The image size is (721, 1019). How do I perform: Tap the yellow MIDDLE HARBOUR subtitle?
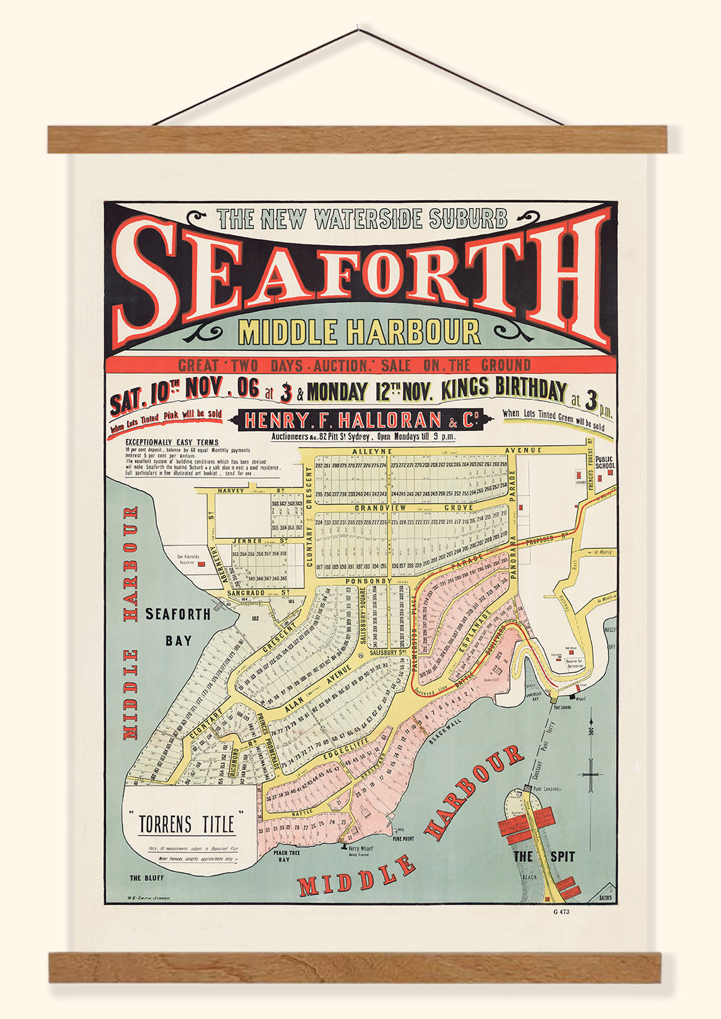pyautogui.click(x=358, y=332)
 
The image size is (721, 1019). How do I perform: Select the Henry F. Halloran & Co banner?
pyautogui.click(x=360, y=420)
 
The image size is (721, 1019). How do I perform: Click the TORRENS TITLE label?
pyautogui.click(x=187, y=824)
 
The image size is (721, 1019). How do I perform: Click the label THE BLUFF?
pyautogui.click(x=146, y=878)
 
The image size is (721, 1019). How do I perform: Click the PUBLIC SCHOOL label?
pyautogui.click(x=605, y=462)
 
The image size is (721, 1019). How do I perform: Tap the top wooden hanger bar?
pyautogui.click(x=360, y=139)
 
